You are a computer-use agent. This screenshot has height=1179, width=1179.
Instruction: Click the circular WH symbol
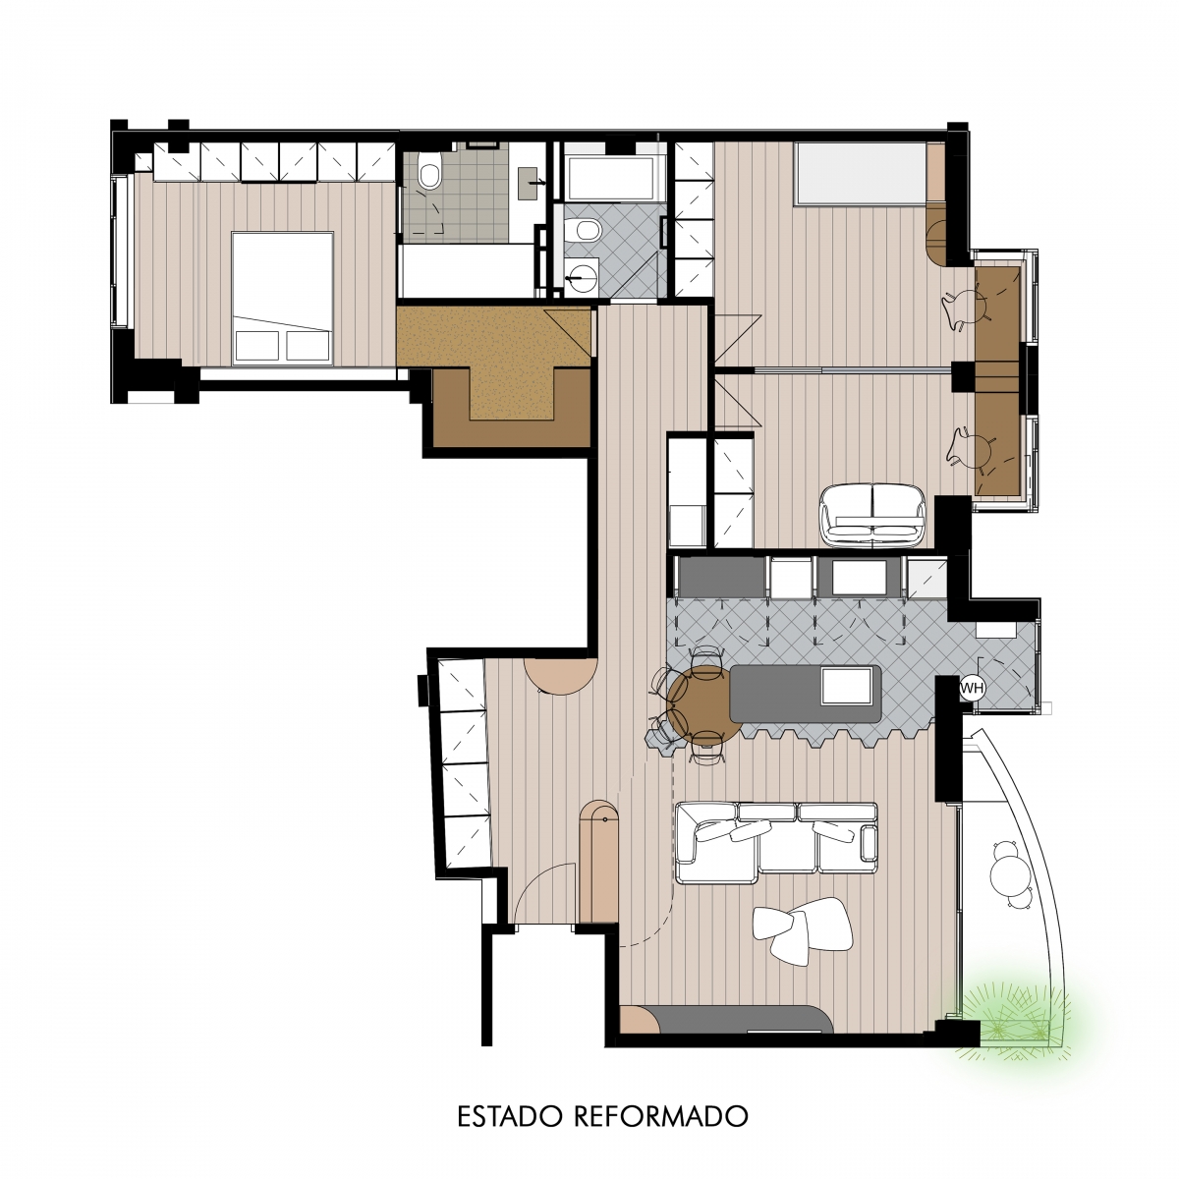point(972,688)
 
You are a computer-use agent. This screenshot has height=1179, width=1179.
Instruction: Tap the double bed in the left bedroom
point(283,298)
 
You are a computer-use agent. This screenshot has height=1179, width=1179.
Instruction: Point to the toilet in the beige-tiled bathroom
point(429,171)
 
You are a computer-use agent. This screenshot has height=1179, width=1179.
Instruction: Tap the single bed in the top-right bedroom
point(861,173)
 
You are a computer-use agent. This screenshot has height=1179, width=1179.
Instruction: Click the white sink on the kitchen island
point(847,686)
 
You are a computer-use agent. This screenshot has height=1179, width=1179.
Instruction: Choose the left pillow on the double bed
point(257,346)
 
